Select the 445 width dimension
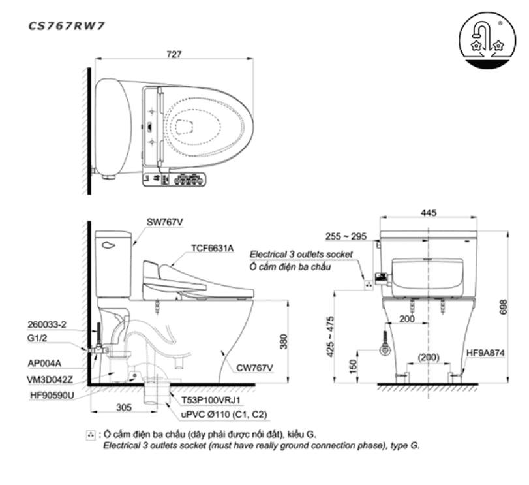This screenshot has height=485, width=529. (429, 213)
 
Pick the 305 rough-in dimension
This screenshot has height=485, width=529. (123, 407)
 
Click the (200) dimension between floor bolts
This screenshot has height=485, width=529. (429, 358)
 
